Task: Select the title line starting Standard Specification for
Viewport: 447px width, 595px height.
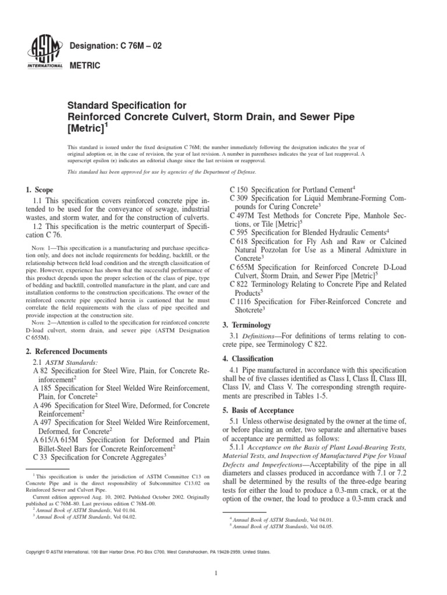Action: click(127, 106)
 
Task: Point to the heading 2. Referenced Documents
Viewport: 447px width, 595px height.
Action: click(67, 352)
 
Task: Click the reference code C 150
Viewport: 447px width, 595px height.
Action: click(240, 190)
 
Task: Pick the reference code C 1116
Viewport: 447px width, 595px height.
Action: click(243, 302)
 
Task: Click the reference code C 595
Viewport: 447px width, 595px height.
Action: click(240, 232)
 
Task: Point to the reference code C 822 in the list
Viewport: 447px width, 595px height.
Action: click(240, 284)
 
